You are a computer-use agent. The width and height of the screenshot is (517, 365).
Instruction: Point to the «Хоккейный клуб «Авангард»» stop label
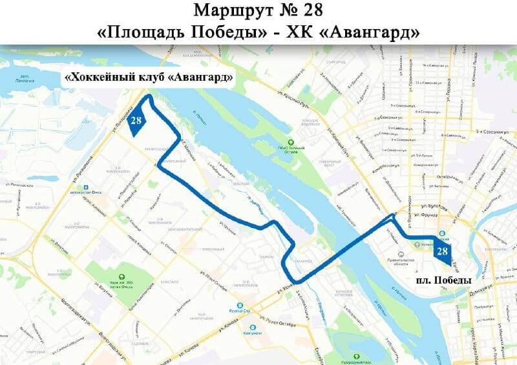pyautogui.click(x=149, y=78)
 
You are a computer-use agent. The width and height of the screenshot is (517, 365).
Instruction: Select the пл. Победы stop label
pyautogui.click(x=443, y=281)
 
